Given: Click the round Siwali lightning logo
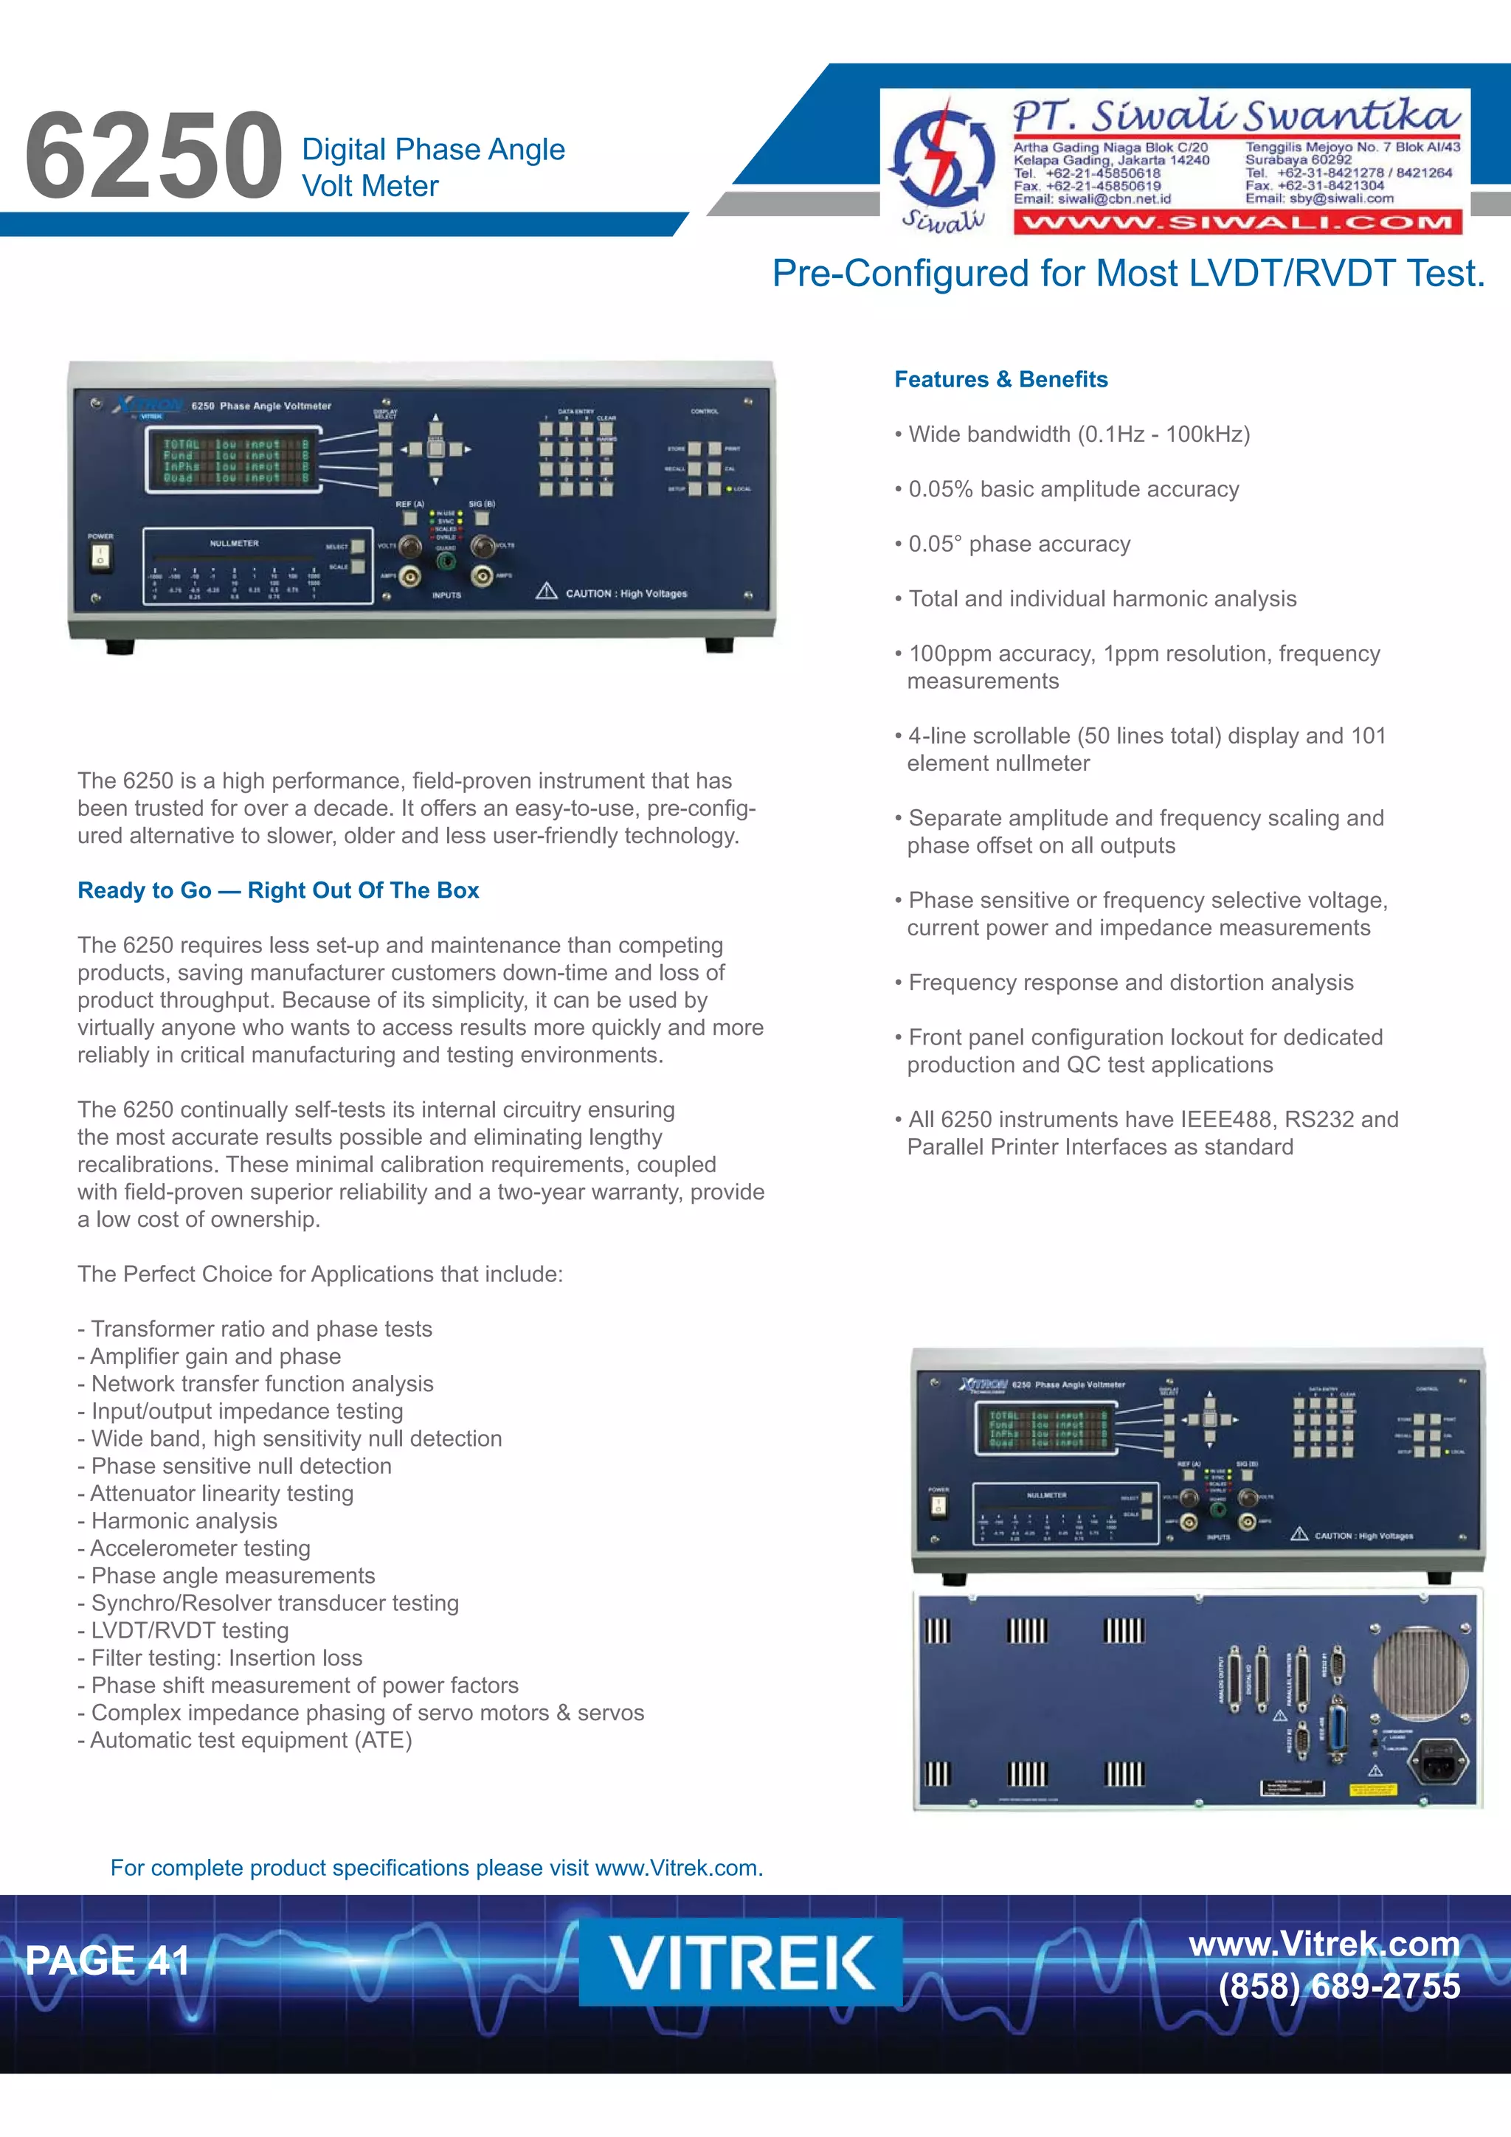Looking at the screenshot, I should (x=942, y=156).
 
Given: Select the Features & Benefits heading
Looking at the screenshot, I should (x=1001, y=380).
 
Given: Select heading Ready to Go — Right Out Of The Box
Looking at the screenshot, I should (x=277, y=891).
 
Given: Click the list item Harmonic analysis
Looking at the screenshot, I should (x=184, y=1521).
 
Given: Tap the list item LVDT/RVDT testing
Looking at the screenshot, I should (x=189, y=1631).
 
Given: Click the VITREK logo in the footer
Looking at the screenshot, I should (x=740, y=1962).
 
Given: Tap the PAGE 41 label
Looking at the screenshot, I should (x=107, y=1960).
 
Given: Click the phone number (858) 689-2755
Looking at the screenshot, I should (x=1339, y=1987).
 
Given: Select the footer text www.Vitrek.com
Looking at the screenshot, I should (x=1324, y=1944).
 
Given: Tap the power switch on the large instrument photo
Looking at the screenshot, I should (x=100, y=558).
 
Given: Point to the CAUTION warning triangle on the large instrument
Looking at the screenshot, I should (x=547, y=592).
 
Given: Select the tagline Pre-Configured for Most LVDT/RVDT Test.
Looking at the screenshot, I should (x=1128, y=274).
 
